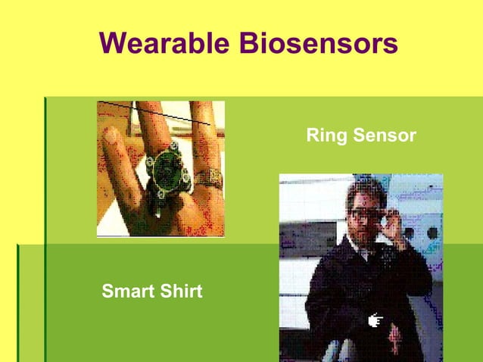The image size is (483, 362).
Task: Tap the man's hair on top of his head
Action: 366,189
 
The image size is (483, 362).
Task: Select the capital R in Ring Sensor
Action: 311,136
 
